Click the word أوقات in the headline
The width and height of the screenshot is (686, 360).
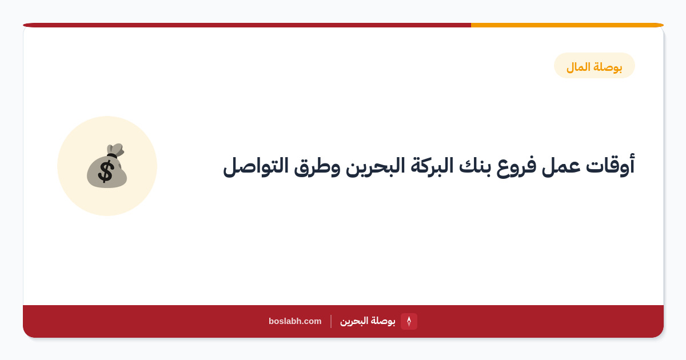click(610, 166)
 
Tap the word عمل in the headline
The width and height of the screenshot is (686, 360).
click(561, 167)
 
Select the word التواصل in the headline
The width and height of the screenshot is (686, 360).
click(256, 166)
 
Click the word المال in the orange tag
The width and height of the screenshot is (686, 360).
click(578, 67)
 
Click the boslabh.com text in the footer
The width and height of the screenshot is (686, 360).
click(295, 321)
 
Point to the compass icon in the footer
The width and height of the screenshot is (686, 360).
click(409, 321)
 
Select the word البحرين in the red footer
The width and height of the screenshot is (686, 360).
click(354, 321)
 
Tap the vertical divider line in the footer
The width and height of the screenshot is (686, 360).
click(331, 321)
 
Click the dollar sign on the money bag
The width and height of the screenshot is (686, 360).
click(106, 172)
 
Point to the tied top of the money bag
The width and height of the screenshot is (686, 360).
click(115, 150)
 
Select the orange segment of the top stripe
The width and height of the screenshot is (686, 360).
click(567, 25)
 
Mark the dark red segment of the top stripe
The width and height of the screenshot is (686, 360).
click(247, 25)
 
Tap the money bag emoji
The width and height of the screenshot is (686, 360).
click(107, 166)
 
